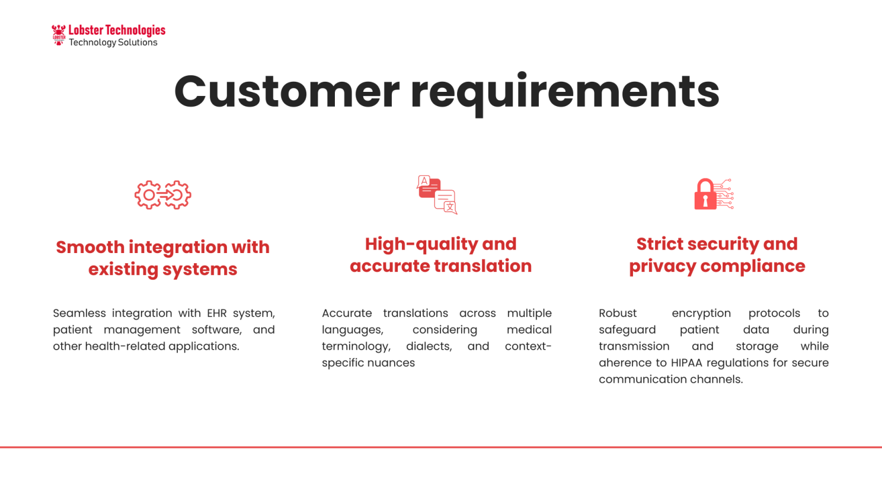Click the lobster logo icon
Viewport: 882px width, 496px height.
click(x=59, y=35)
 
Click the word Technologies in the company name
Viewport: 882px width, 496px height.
click(x=136, y=30)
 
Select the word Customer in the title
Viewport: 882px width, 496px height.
click(x=287, y=91)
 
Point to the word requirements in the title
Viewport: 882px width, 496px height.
click(x=565, y=94)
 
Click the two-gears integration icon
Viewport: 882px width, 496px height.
click(x=162, y=195)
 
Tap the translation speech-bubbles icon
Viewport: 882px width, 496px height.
click(x=437, y=194)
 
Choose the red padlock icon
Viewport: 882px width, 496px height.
click(x=705, y=194)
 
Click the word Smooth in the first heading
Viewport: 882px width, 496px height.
click(x=90, y=247)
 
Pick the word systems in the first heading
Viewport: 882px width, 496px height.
click(x=200, y=270)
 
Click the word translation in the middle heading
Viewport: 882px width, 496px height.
click(x=482, y=266)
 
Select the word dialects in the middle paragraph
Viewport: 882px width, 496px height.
click(x=429, y=347)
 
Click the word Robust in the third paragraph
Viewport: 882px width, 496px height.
click(x=618, y=313)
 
